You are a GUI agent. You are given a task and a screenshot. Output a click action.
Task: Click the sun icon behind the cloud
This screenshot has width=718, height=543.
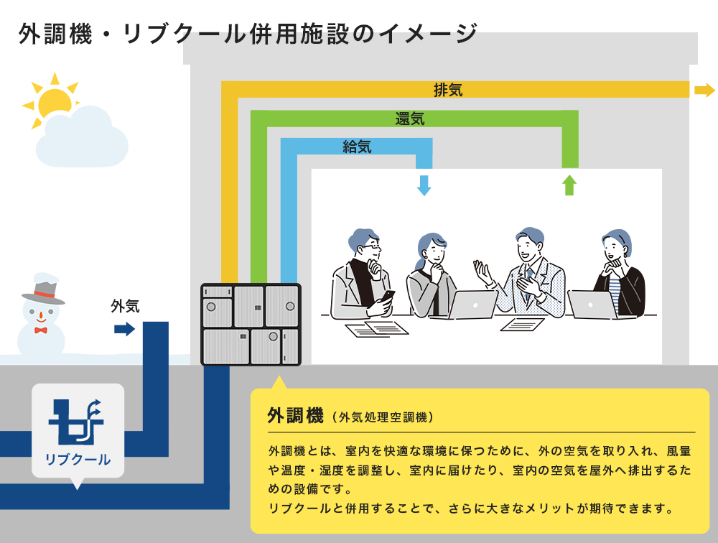coord(55,100)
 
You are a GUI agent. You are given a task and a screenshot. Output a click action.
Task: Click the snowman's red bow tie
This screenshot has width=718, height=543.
coord(40,330)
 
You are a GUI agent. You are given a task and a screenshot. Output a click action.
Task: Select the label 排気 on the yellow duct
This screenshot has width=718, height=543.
coord(448,90)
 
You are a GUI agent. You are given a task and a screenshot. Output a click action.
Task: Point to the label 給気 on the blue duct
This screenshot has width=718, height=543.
coord(357,147)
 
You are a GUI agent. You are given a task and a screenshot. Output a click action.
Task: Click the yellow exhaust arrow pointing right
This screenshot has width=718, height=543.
coord(704,90)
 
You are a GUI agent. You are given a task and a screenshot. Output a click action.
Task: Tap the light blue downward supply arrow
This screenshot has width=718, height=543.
coord(424,185)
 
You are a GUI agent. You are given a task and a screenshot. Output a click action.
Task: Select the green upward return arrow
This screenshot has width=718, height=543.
coord(569,185)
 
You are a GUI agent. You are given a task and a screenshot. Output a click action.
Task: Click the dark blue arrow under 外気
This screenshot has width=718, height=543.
coord(124,329)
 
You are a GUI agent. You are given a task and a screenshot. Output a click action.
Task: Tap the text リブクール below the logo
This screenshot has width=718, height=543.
coord(78,459)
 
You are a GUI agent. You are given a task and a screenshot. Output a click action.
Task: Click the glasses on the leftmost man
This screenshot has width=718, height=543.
coord(370,246)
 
